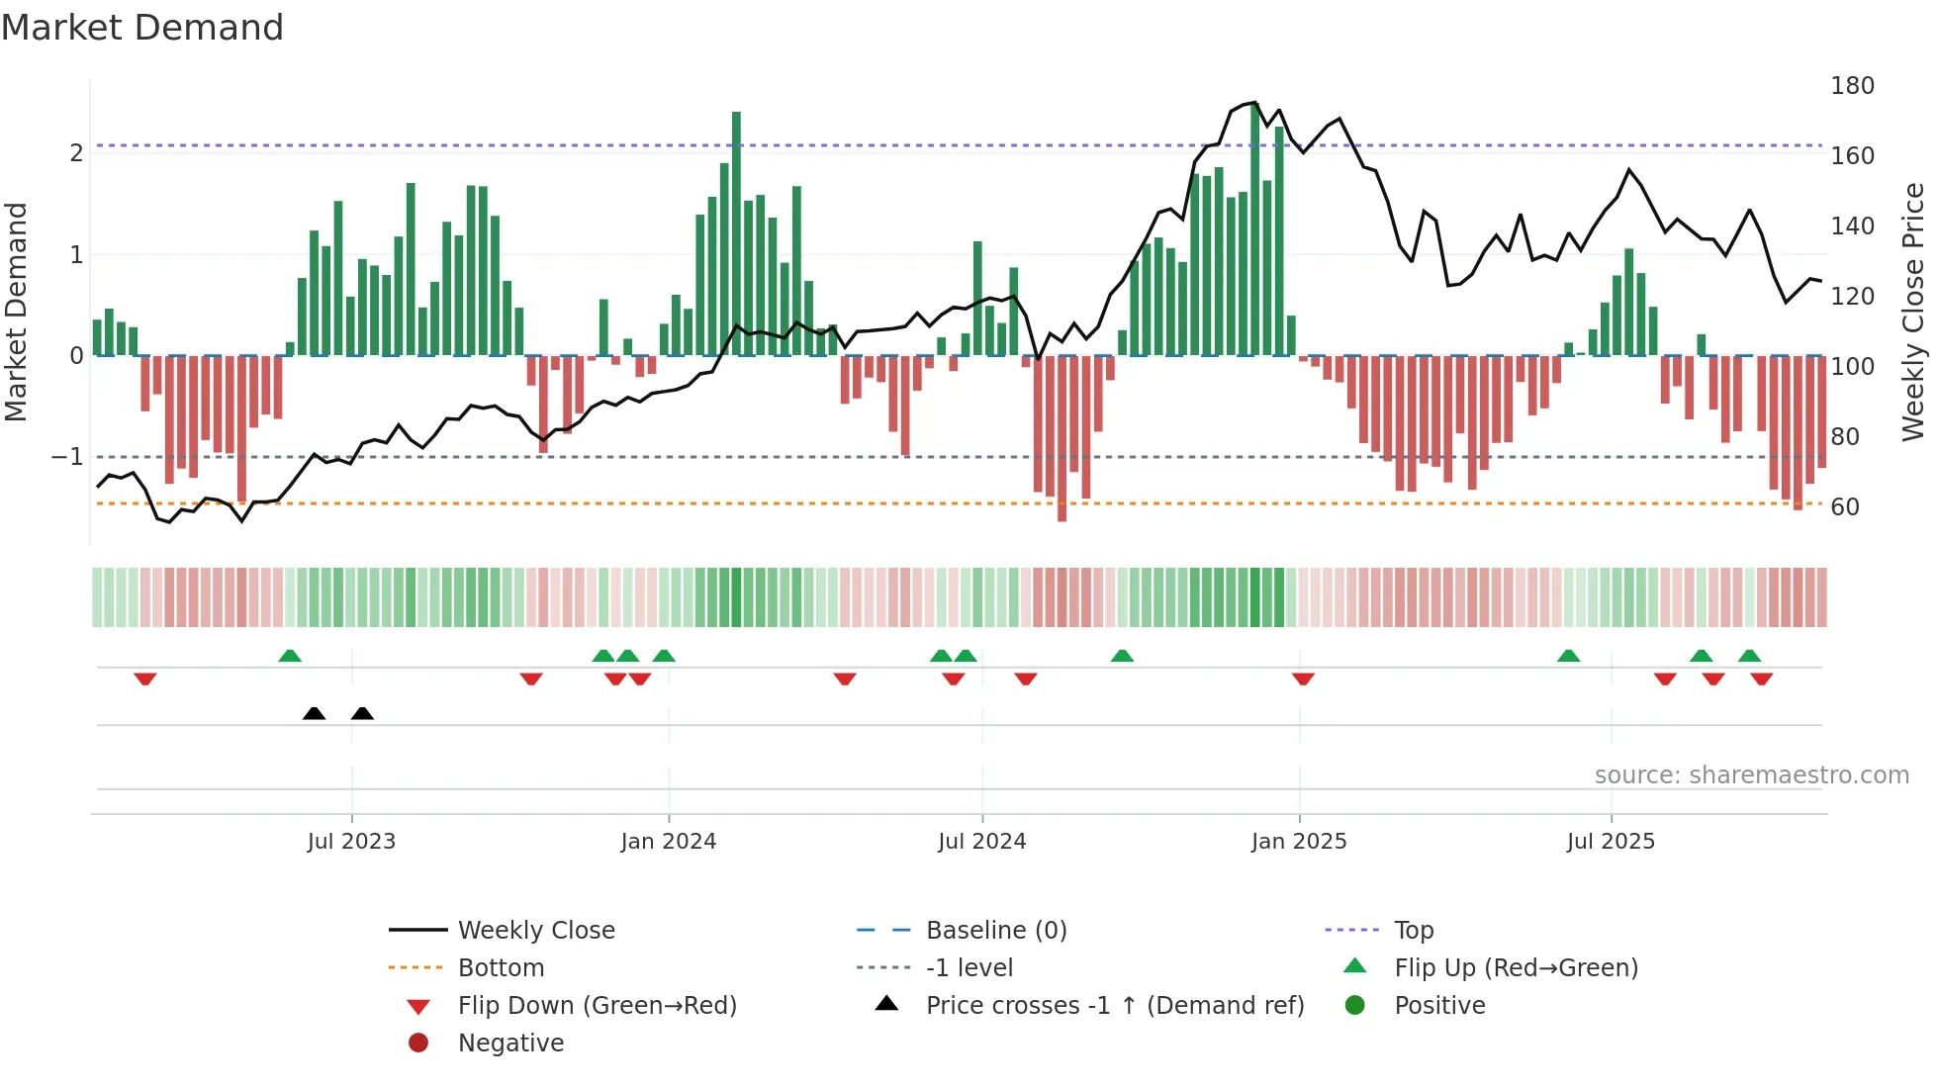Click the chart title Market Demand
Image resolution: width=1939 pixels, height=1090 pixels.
[x=142, y=28]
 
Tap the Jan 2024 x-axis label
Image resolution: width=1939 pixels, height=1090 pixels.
[x=668, y=842]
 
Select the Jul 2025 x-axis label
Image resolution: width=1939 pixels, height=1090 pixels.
[x=1610, y=842]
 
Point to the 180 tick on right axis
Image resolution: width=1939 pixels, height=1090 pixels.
[x=1852, y=86]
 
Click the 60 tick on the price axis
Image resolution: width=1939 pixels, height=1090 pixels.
[x=1844, y=507]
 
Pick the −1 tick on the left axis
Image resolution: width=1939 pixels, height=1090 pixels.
[x=67, y=457]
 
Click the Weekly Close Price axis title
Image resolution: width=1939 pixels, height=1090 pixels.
[x=1913, y=312]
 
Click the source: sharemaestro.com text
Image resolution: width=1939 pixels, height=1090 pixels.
[x=1751, y=775]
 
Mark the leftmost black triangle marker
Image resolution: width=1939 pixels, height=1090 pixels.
[x=314, y=713]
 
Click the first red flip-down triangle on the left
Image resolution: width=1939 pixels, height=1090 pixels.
[x=145, y=679]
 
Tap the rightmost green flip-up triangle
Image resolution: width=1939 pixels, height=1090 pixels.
[x=1749, y=656]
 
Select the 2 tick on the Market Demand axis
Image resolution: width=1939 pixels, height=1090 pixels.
[x=76, y=153]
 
